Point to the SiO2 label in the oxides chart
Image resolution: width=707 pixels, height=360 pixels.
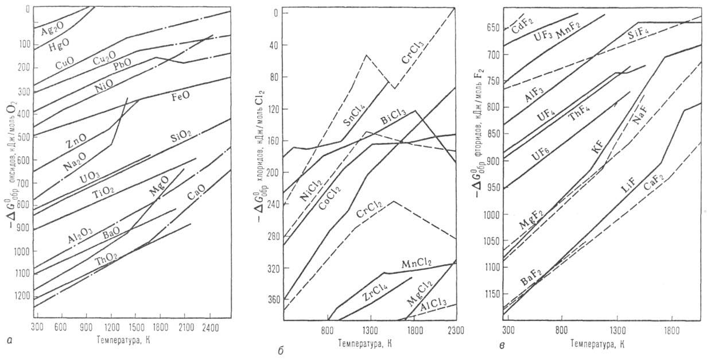[182, 138]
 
